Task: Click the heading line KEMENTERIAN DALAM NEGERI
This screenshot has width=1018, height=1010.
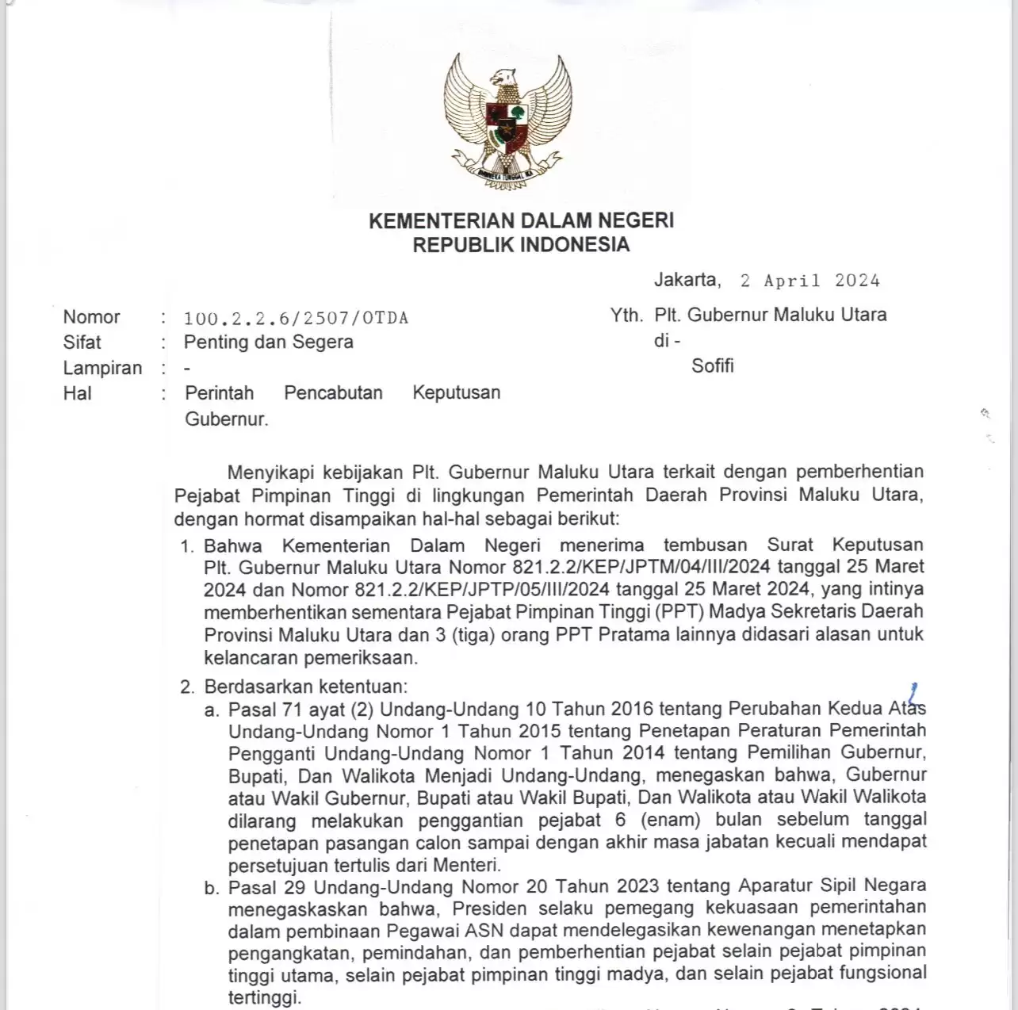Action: (x=521, y=220)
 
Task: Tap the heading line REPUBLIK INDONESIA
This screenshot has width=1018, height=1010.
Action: (x=521, y=245)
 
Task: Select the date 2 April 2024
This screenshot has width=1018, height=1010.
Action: (x=809, y=281)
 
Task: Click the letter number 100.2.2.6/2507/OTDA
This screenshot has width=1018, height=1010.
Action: (x=296, y=319)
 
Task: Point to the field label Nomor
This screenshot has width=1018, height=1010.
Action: (x=91, y=317)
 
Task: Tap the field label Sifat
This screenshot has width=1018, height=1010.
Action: (x=82, y=342)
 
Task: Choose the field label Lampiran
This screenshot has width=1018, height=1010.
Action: (x=102, y=368)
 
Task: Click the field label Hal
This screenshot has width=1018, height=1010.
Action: (x=77, y=393)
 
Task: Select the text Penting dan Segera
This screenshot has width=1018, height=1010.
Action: (x=268, y=342)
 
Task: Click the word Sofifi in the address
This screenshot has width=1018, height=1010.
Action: (x=712, y=366)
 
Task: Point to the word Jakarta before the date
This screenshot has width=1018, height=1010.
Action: (x=687, y=280)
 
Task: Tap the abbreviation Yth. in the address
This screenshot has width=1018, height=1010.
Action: (x=626, y=316)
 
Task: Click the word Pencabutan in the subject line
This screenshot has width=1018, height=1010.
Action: (x=333, y=393)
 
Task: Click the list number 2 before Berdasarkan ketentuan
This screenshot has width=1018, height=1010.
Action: (x=186, y=687)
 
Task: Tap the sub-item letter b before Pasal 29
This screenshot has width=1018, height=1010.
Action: (x=211, y=888)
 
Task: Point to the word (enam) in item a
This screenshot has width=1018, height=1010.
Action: (x=670, y=820)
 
